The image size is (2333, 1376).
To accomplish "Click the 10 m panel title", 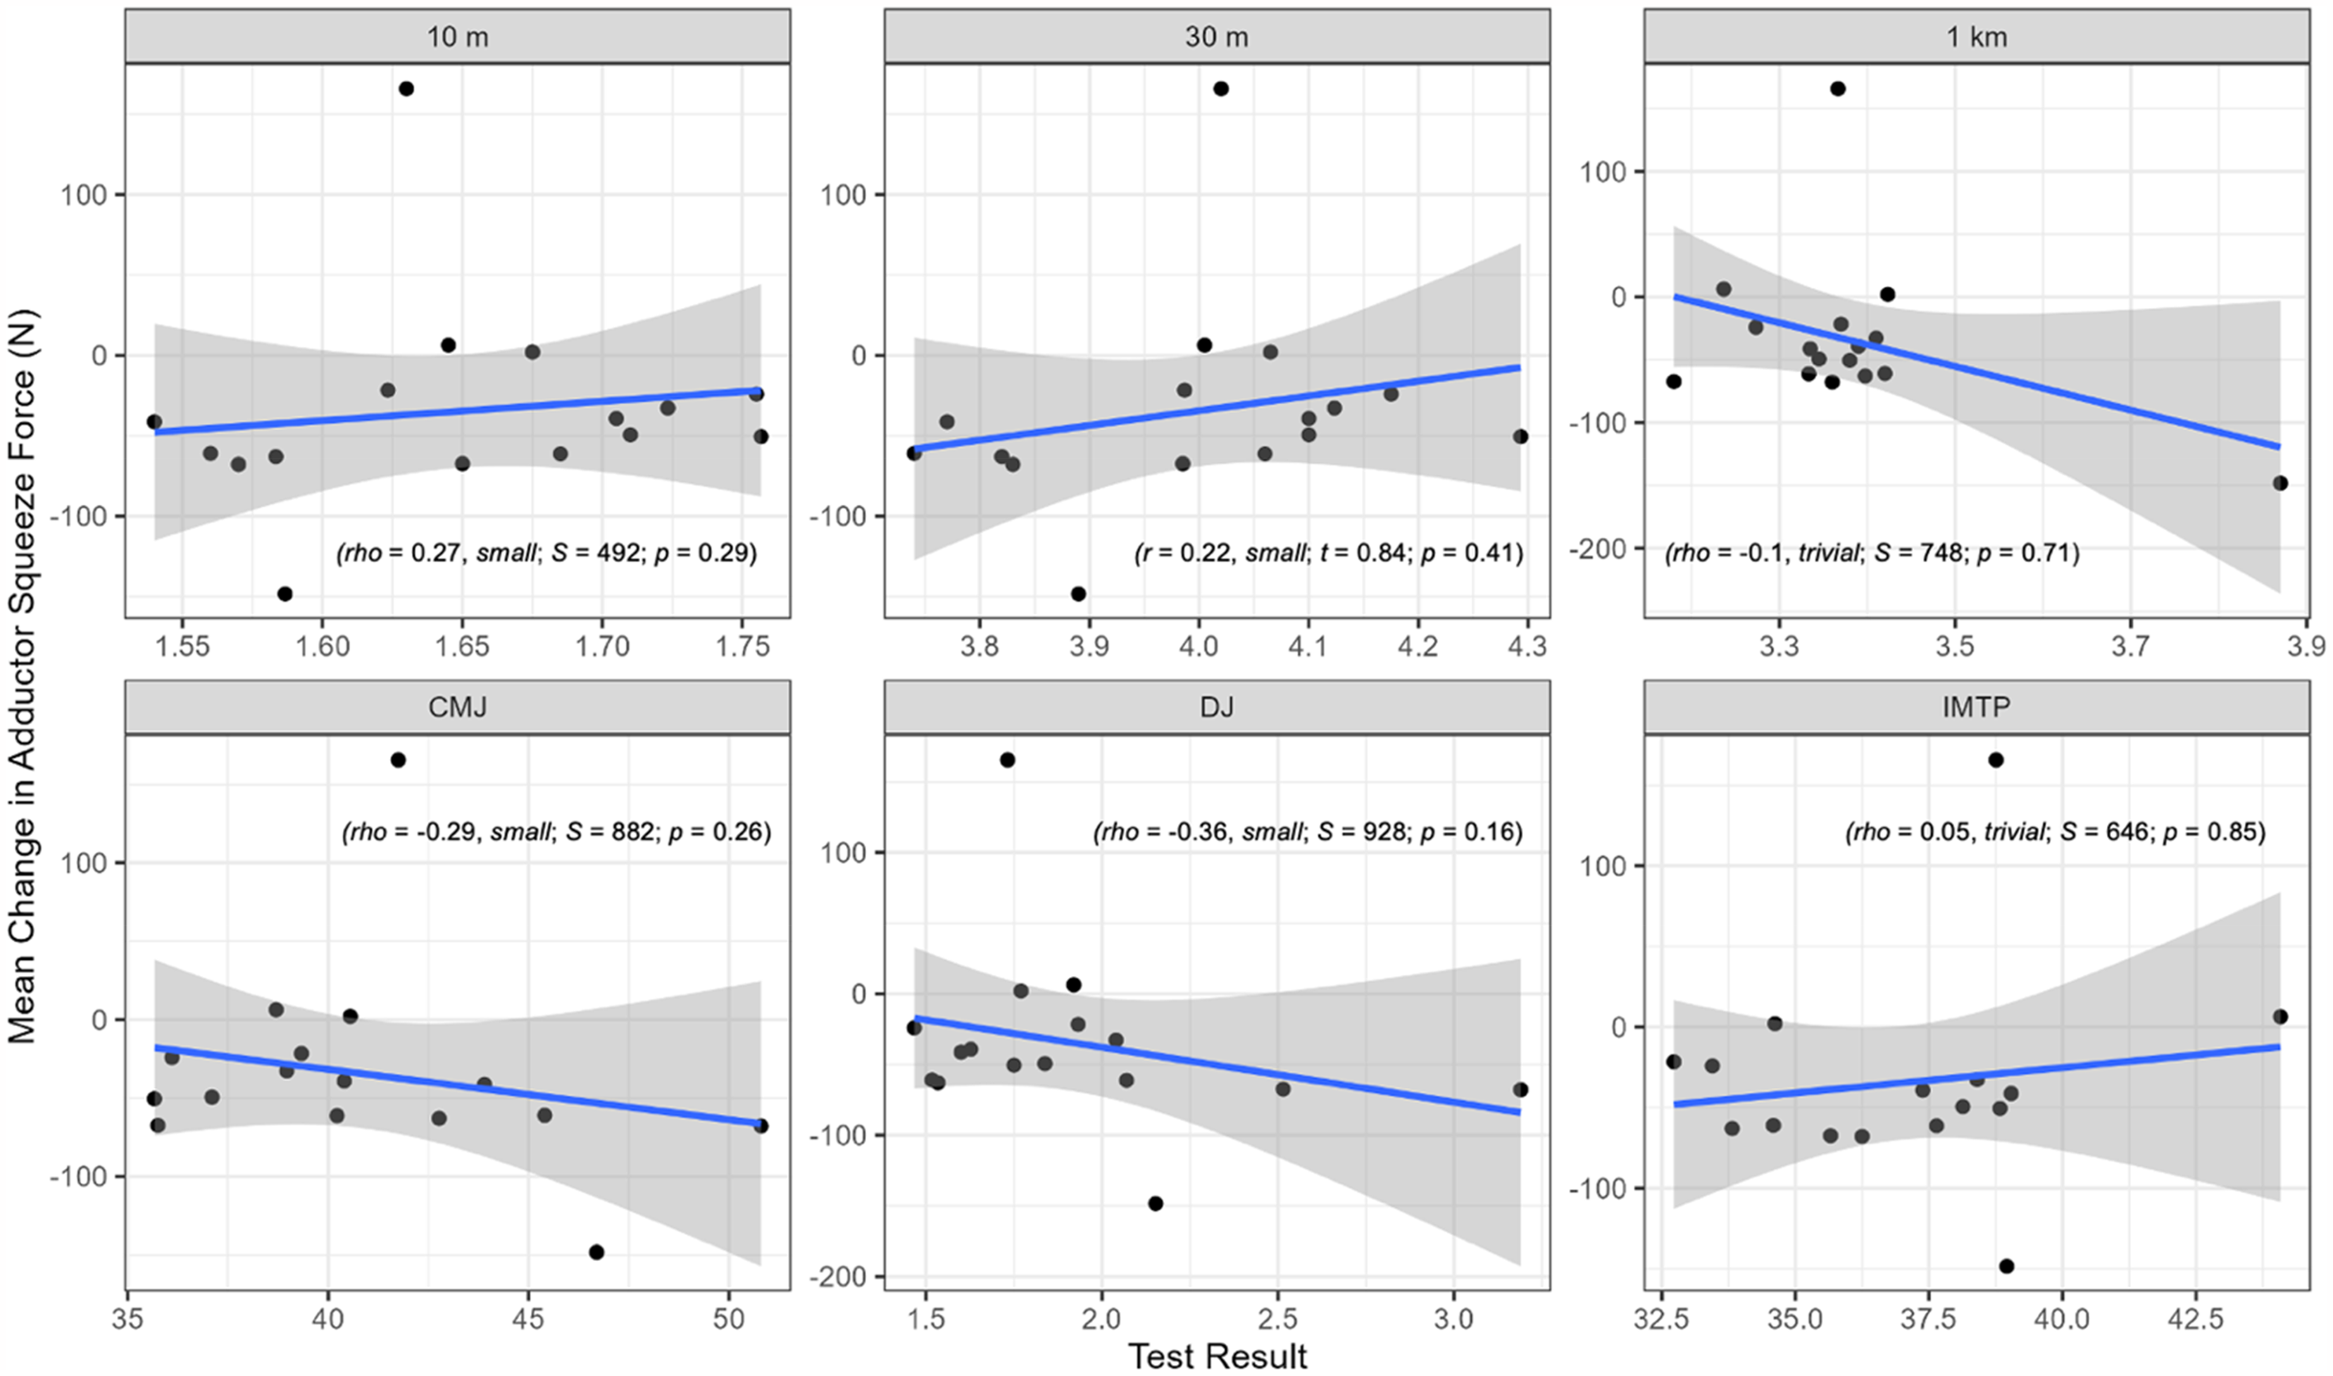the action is (x=457, y=37).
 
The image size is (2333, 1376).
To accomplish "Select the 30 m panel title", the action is (x=1217, y=37).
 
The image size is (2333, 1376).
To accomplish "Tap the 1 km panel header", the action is (x=1976, y=37).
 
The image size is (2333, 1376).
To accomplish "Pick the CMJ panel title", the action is (x=457, y=708).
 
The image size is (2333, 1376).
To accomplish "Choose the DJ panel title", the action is (x=1217, y=708).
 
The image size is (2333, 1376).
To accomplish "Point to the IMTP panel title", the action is (x=1976, y=708).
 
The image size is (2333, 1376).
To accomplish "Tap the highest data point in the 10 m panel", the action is (x=406, y=89).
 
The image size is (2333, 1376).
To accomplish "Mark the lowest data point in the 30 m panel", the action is (x=1079, y=594).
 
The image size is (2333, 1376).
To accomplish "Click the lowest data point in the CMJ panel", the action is (x=596, y=1252).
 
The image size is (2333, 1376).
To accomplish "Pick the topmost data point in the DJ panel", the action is (x=1008, y=760).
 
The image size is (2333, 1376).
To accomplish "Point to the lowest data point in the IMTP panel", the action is (x=2006, y=1266).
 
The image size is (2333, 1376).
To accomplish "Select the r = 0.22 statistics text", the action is (x=1329, y=554).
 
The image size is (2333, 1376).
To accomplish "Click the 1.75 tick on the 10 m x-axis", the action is (x=742, y=646).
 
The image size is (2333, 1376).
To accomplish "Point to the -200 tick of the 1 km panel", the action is (x=1597, y=549).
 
